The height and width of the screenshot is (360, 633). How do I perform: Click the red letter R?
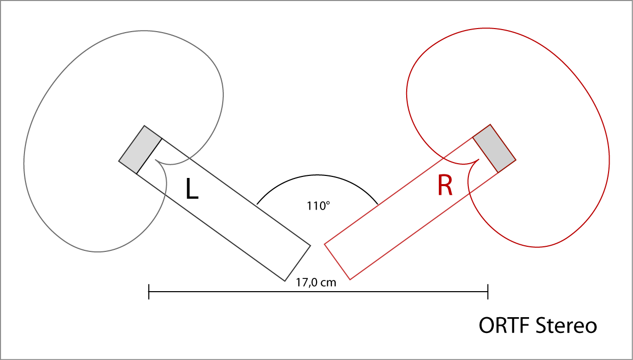point(444,186)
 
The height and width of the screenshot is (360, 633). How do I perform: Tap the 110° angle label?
point(319,207)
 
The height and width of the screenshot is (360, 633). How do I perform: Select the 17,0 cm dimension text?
point(316,282)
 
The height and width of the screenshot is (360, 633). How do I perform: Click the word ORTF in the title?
point(505,325)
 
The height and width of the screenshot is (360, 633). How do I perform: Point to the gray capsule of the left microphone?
point(140,149)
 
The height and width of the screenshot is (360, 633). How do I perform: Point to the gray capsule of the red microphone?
point(494,148)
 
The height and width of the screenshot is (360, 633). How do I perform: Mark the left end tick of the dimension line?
point(148,292)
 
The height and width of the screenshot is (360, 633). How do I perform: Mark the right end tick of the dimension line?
point(488,292)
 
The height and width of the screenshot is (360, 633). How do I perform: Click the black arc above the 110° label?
point(317,176)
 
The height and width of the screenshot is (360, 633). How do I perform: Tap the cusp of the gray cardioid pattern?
point(155,162)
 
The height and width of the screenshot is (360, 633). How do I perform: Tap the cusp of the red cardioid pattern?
point(479,160)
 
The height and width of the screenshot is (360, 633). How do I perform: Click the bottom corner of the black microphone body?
point(284,281)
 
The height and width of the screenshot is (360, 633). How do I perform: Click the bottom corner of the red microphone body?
point(350,279)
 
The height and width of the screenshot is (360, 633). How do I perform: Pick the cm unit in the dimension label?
point(329,282)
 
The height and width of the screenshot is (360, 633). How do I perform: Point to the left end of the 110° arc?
point(257,205)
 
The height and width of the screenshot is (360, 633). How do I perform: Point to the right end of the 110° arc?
point(378,205)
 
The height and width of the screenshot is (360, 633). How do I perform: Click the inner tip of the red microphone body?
point(325,244)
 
